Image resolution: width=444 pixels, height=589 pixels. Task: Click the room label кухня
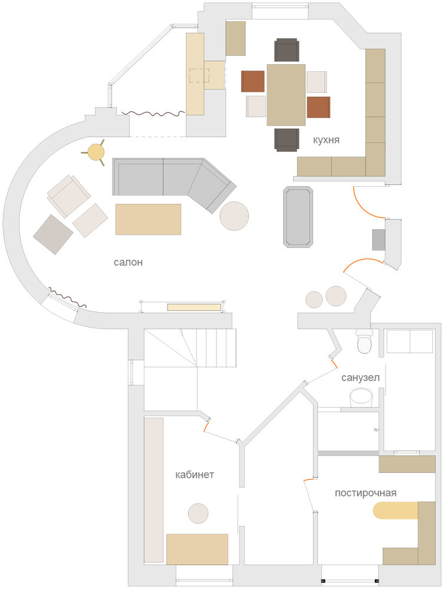tap(326, 140)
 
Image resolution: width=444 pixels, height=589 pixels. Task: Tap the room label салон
tap(128, 262)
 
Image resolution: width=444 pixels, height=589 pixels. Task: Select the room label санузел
tap(360, 378)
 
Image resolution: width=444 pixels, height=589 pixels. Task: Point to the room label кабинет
tap(195, 475)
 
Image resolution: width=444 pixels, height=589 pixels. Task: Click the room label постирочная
tap(366, 493)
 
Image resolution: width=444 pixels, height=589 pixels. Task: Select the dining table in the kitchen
tap(286, 95)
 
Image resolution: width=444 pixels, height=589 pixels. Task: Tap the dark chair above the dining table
tap(287, 50)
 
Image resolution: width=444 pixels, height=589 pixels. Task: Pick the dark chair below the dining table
tap(287, 140)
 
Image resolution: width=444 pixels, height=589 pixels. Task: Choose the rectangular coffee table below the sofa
tap(148, 219)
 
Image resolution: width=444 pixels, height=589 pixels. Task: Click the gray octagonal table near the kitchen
tap(298, 216)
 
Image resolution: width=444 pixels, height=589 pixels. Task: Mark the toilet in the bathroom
tap(364, 342)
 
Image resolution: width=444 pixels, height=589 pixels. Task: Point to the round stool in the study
tap(198, 514)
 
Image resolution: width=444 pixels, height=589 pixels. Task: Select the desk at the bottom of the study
tap(198, 549)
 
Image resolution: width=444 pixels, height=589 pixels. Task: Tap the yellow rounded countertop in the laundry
tap(396, 511)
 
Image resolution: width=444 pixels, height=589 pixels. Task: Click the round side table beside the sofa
tap(234, 216)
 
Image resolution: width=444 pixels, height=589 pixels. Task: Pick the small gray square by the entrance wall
tap(379, 240)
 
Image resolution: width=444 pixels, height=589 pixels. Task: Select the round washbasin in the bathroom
tap(361, 398)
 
